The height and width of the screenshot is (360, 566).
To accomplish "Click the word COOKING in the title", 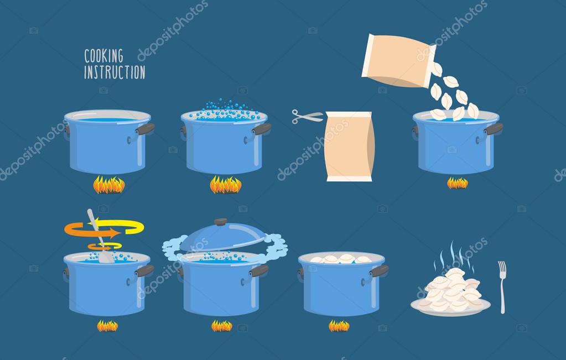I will (x=103, y=55).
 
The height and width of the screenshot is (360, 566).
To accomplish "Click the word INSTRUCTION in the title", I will (x=115, y=72).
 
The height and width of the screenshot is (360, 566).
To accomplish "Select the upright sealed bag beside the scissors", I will (x=349, y=146).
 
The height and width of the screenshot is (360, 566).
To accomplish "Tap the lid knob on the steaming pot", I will (x=221, y=222).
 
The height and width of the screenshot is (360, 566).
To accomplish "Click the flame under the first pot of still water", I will (x=108, y=185).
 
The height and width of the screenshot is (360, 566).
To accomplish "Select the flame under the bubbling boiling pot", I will (x=225, y=185).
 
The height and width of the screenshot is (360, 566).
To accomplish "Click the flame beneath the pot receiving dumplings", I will (x=457, y=183).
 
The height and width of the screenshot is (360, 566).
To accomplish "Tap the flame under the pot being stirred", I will (x=107, y=326).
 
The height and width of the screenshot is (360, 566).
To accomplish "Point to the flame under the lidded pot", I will (x=222, y=326).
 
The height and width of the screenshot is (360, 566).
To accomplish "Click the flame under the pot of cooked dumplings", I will (x=339, y=326).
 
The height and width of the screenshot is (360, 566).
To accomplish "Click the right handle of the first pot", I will (x=145, y=129).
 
